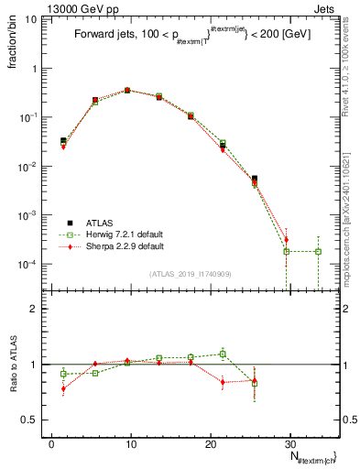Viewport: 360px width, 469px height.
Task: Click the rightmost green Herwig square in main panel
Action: [318, 251]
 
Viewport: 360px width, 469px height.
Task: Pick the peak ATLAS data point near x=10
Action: [127, 91]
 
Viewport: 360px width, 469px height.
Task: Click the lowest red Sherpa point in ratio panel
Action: [63, 388]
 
